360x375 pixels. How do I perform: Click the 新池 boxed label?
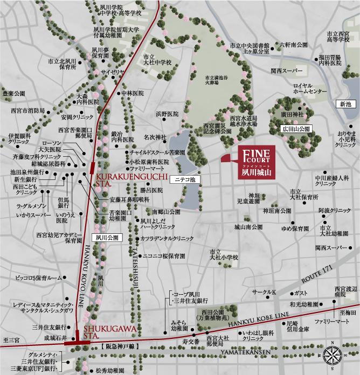345,103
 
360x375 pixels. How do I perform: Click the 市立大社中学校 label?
157,60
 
